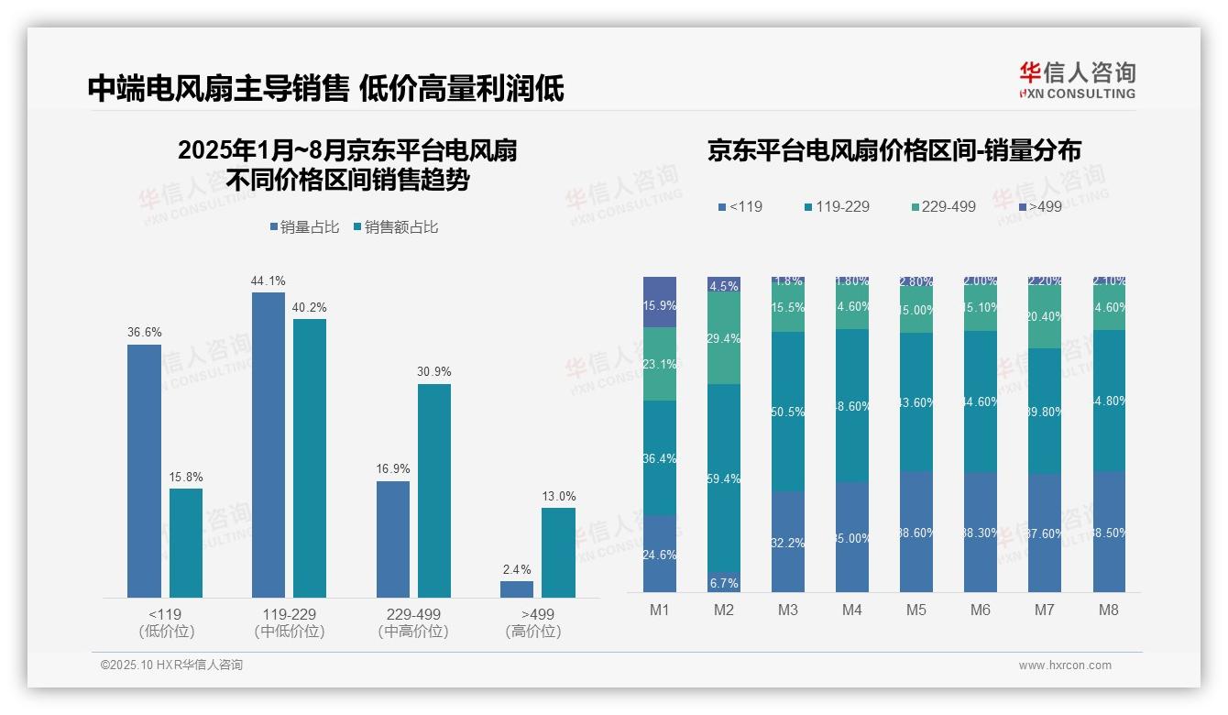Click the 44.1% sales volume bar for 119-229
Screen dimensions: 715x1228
click(268, 445)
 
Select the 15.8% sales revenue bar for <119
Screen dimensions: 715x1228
click(186, 543)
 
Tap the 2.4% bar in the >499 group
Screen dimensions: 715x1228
click(517, 589)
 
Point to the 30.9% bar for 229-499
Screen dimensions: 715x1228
click(434, 490)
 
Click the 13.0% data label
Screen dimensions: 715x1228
click(559, 497)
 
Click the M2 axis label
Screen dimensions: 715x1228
click(724, 610)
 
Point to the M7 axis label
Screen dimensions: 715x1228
click(1045, 610)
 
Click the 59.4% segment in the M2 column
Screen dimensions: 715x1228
click(724, 478)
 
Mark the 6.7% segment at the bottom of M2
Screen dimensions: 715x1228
click(724, 583)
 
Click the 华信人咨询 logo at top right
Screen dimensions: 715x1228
click(1077, 80)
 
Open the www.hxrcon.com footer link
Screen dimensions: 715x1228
click(1065, 665)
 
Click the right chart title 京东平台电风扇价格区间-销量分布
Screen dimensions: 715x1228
click(894, 150)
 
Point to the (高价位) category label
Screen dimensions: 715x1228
click(532, 632)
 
